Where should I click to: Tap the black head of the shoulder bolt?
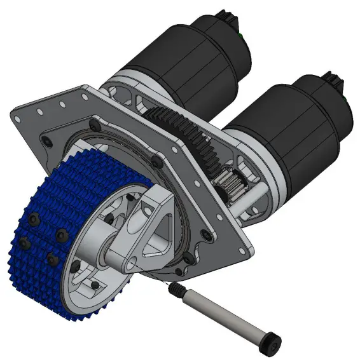point(271,343)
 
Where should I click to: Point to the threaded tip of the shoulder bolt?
point(174,289)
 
